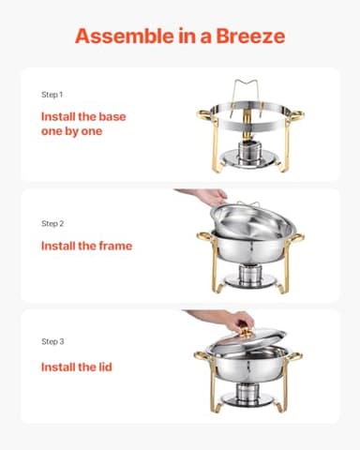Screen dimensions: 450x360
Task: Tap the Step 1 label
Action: pos(52,96)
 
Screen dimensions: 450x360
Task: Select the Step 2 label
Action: pos(52,224)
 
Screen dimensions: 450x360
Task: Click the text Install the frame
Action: pos(86,246)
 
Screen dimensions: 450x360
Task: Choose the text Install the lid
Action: pos(77,367)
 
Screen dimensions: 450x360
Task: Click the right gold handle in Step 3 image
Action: pos(296,359)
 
